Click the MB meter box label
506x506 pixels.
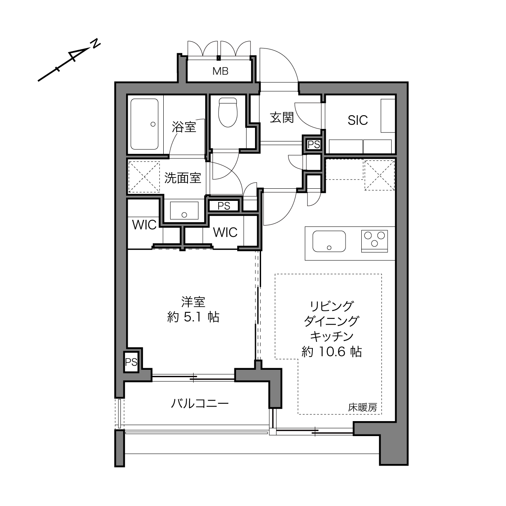pos(220,71)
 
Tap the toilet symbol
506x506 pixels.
pos(228,112)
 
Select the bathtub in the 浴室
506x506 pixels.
pos(144,124)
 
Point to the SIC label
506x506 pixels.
pos(358,120)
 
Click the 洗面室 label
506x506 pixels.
pos(183,178)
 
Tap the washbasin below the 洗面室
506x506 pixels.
pos(184,210)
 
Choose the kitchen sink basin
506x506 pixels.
pos(329,241)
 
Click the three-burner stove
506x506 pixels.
pos(374,241)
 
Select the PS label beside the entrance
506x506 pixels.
pos(314,144)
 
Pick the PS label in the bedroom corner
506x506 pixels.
pos(131,363)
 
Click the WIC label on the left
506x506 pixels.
pos(144,225)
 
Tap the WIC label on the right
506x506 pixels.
pos(225,232)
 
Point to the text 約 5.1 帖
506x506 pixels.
pos(193,317)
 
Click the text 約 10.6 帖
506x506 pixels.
pos(332,351)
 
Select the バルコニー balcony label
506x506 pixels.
pos(200,403)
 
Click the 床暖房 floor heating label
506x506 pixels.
pos(363,407)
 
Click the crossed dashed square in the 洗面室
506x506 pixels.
pos(144,177)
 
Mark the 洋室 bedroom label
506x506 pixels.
pos(193,302)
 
